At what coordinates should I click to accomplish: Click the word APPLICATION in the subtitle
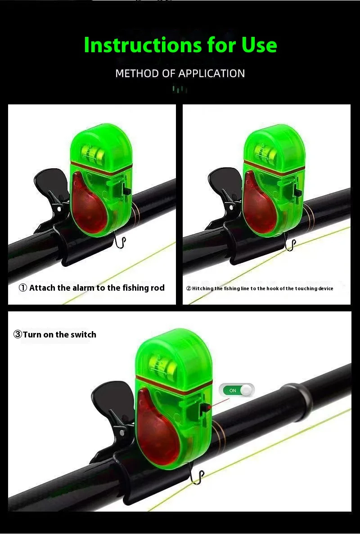[x=211, y=73]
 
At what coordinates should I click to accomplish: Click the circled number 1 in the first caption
[x=23, y=288]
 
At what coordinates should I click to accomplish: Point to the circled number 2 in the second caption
[x=189, y=288]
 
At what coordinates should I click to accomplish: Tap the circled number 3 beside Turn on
[x=18, y=334]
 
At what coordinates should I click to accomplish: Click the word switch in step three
[x=84, y=334]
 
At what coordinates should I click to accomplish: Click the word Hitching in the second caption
[x=202, y=288]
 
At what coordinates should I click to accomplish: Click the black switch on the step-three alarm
[x=204, y=408]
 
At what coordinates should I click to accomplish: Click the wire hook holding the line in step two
[x=290, y=245]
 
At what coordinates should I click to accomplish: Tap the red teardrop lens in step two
[x=261, y=207]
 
